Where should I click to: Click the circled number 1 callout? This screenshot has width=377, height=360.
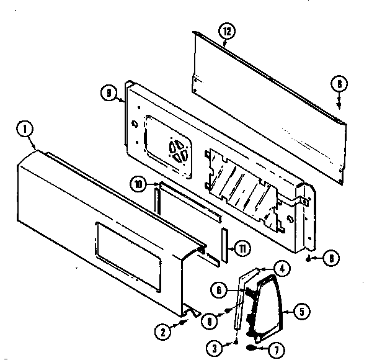24,130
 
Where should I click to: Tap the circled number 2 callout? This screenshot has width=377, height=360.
163,332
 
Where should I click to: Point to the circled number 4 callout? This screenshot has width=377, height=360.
281,269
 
